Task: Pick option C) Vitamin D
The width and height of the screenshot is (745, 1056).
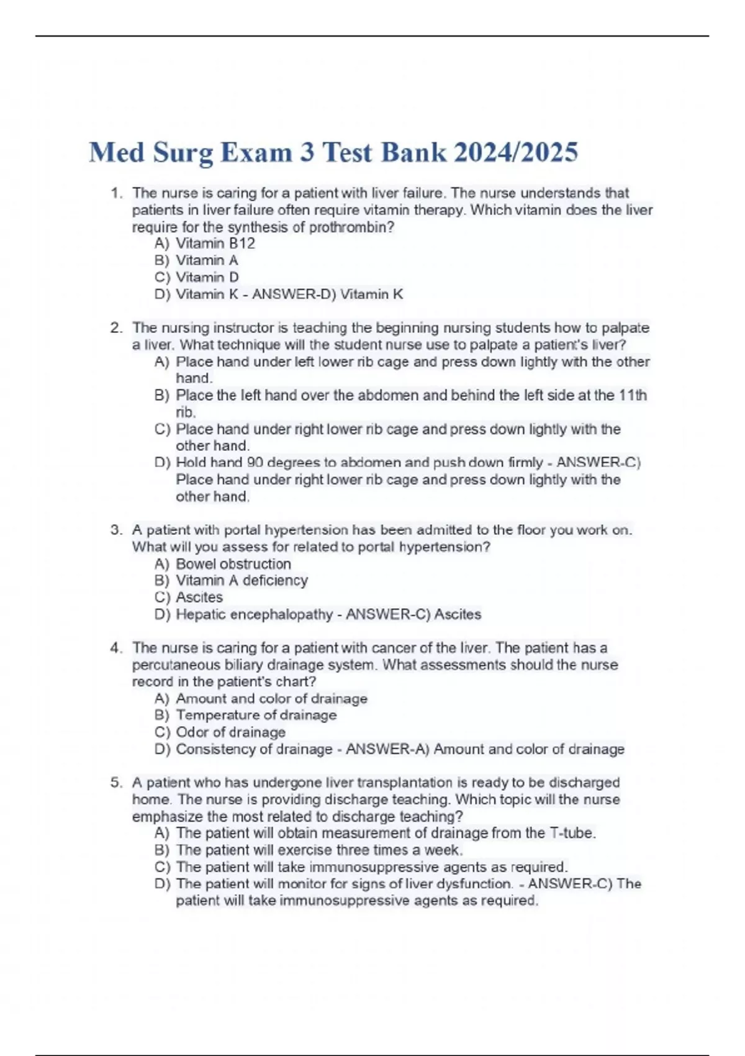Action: pyautogui.click(x=197, y=277)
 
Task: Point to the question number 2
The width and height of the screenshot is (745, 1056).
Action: pyautogui.click(x=116, y=328)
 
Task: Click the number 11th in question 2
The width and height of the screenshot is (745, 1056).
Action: pyautogui.click(x=633, y=396)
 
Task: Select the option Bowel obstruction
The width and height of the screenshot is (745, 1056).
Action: pyautogui.click(x=233, y=564)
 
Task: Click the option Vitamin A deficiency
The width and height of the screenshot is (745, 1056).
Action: pyautogui.click(x=242, y=580)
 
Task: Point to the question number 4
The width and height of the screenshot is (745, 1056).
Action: pyautogui.click(x=116, y=648)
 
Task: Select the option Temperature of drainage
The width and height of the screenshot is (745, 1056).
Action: pyautogui.click(x=256, y=715)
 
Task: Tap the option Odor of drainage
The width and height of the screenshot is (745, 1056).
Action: pyautogui.click(x=230, y=732)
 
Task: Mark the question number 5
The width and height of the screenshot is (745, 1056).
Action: pyautogui.click(x=116, y=783)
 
